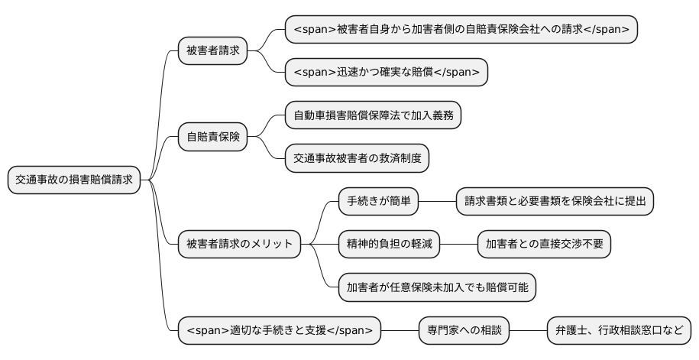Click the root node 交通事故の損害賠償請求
[74, 180]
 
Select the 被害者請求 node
[212, 51]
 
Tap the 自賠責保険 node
[212, 138]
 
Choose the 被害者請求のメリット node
[239, 245]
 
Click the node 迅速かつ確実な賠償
[386, 73]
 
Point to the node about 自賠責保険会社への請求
[461, 29]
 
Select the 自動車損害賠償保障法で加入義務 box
[373, 116]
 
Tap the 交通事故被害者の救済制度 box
[357, 159]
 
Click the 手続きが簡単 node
[379, 202]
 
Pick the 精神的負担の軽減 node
[390, 245]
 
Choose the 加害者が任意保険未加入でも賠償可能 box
[437, 287]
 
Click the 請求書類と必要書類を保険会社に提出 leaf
[555, 202]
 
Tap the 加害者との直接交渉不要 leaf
[544, 245]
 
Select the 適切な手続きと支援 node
[279, 330]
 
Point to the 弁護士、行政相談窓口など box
[619, 330]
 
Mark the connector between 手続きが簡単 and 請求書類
[438, 202]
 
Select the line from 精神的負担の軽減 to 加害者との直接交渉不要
[459, 245]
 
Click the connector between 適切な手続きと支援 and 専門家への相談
[400, 330]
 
